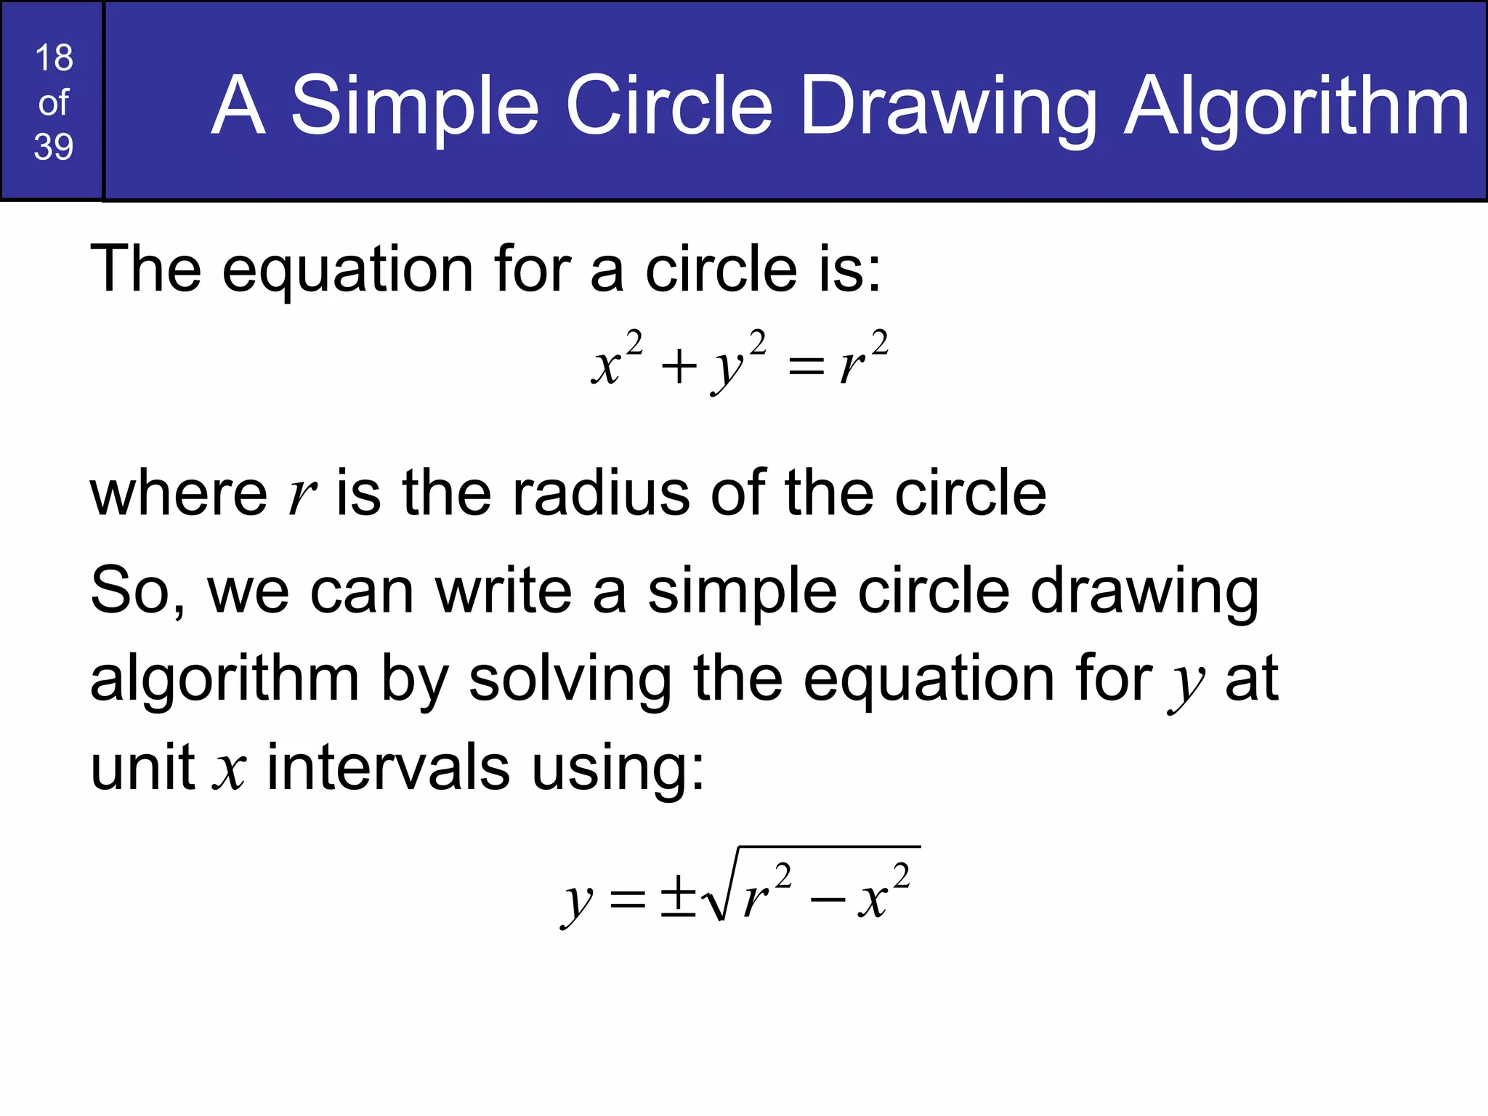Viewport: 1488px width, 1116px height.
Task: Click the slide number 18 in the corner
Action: [54, 58]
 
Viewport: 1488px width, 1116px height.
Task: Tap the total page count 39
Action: [54, 147]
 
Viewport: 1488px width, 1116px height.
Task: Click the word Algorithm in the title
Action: [1296, 108]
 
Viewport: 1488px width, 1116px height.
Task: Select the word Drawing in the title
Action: [948, 108]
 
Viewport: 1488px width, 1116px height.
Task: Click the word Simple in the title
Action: [415, 108]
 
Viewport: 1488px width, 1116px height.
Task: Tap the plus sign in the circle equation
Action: [679, 365]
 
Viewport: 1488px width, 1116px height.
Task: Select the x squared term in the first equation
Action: [616, 360]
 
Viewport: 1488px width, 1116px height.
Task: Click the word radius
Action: [600, 493]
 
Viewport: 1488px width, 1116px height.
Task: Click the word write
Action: [504, 591]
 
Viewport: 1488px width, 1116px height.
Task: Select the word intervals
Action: [388, 768]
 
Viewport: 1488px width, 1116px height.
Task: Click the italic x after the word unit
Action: [230, 772]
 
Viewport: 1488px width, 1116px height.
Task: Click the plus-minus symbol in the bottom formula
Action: [678, 897]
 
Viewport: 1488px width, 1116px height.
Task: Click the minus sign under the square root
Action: [828, 901]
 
